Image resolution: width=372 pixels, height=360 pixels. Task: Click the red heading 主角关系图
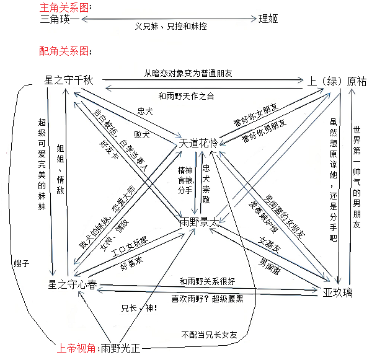tap(64, 7)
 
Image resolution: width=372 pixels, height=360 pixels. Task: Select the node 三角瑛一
tap(60, 19)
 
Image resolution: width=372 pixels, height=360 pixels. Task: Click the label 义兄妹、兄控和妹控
tap(170, 27)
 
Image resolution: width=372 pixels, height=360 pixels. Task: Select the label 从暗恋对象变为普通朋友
tap(188, 72)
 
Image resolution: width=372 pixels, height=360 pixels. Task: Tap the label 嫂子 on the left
tap(21, 263)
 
